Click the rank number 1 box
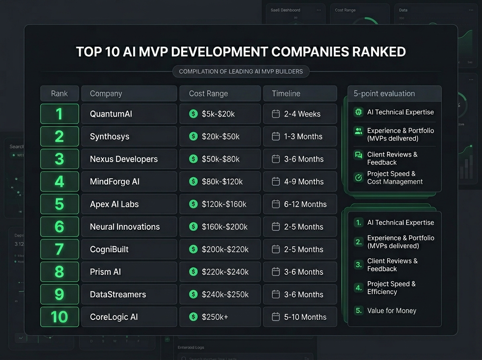click(59, 114)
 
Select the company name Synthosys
click(110, 137)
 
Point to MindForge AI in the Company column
click(115, 182)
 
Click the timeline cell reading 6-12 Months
click(305, 204)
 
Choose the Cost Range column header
click(208, 94)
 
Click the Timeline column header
click(286, 94)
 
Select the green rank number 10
click(59, 317)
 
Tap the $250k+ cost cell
click(215, 317)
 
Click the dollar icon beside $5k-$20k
click(194, 114)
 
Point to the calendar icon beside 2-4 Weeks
click(276, 114)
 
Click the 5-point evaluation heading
click(384, 94)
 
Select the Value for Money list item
click(391, 311)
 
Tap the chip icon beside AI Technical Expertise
click(358, 112)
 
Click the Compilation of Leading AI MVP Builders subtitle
click(241, 72)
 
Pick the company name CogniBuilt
click(109, 250)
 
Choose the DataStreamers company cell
click(118, 295)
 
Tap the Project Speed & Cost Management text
click(394, 178)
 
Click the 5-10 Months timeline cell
click(305, 317)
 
